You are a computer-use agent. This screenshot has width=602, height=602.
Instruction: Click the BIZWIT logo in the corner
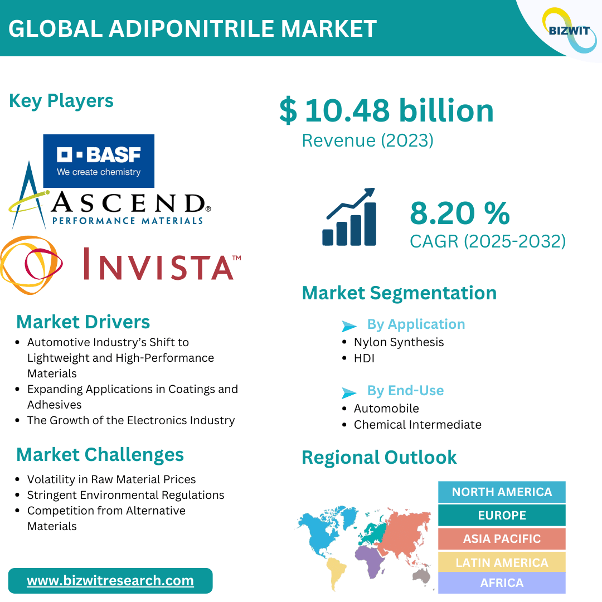point(569,30)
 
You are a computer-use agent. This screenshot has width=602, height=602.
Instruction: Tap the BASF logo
point(99,161)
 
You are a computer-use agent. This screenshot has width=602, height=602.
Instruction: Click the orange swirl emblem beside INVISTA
point(31,265)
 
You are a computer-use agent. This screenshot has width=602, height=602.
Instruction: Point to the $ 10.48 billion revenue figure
point(386,110)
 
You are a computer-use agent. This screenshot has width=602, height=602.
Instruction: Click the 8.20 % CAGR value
point(459,213)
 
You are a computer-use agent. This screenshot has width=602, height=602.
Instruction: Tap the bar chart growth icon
point(349,216)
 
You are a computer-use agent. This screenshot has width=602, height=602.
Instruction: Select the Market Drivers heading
point(83,322)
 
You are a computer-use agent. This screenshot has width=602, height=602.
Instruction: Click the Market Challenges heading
point(100,455)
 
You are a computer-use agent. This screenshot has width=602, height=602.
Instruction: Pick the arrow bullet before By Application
point(349,326)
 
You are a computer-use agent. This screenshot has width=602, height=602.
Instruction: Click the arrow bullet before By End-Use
point(349,393)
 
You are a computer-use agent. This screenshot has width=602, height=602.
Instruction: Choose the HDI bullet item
point(364,358)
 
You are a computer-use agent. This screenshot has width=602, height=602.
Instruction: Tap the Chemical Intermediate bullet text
point(417,425)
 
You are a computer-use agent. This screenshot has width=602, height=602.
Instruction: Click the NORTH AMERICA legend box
point(502,492)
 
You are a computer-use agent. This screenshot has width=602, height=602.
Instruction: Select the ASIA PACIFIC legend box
point(502,538)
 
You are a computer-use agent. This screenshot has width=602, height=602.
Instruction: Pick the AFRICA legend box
point(502,583)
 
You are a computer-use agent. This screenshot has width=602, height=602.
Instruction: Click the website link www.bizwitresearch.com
point(110,580)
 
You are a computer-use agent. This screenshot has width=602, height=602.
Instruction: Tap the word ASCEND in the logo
point(129,203)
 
